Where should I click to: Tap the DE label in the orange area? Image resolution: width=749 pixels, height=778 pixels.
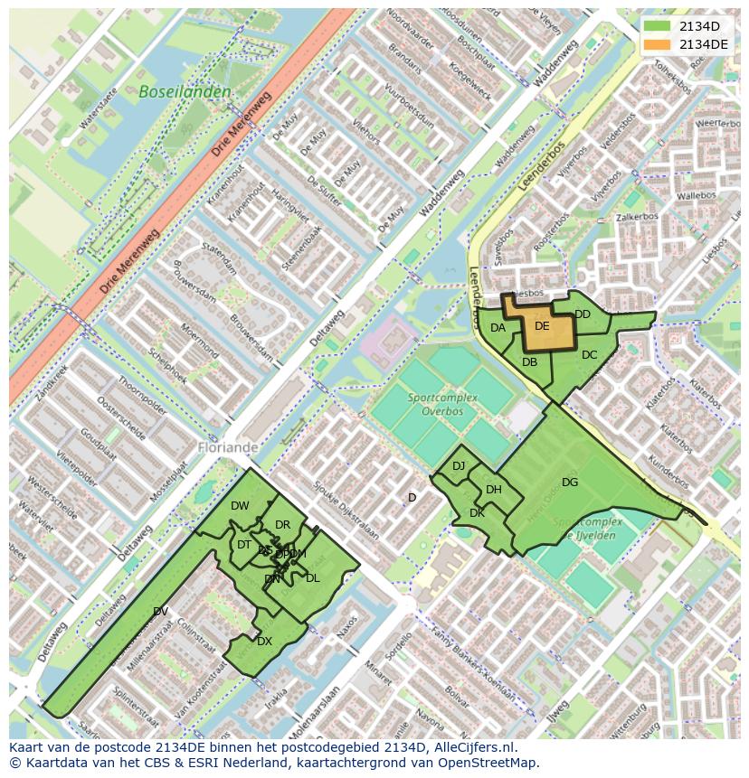(x=542, y=326)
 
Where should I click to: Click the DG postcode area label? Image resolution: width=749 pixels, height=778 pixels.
(x=569, y=482)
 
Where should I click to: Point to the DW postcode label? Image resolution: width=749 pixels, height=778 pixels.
(x=240, y=505)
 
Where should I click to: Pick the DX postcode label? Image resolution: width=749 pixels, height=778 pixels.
(x=264, y=641)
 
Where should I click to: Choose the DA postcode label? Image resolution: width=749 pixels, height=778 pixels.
(x=498, y=328)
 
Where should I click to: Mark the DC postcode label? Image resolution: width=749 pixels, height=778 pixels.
(x=589, y=354)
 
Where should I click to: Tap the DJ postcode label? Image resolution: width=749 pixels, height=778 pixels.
(x=459, y=465)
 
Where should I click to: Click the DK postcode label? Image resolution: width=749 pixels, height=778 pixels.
(x=477, y=512)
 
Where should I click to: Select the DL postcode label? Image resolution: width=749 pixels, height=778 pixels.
(x=312, y=577)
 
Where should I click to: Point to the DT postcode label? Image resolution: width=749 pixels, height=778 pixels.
(x=244, y=544)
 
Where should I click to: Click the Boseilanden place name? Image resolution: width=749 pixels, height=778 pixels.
(x=185, y=91)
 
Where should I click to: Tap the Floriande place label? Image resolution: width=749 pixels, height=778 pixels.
(x=228, y=446)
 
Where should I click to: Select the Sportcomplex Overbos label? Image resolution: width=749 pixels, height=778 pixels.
(x=435, y=404)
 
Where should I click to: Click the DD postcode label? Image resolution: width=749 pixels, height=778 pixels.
(x=583, y=314)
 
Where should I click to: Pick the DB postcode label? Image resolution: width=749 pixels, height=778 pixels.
(x=530, y=361)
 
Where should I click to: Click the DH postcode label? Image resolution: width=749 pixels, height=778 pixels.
(x=494, y=490)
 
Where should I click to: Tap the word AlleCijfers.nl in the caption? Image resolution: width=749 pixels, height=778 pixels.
(x=470, y=747)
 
